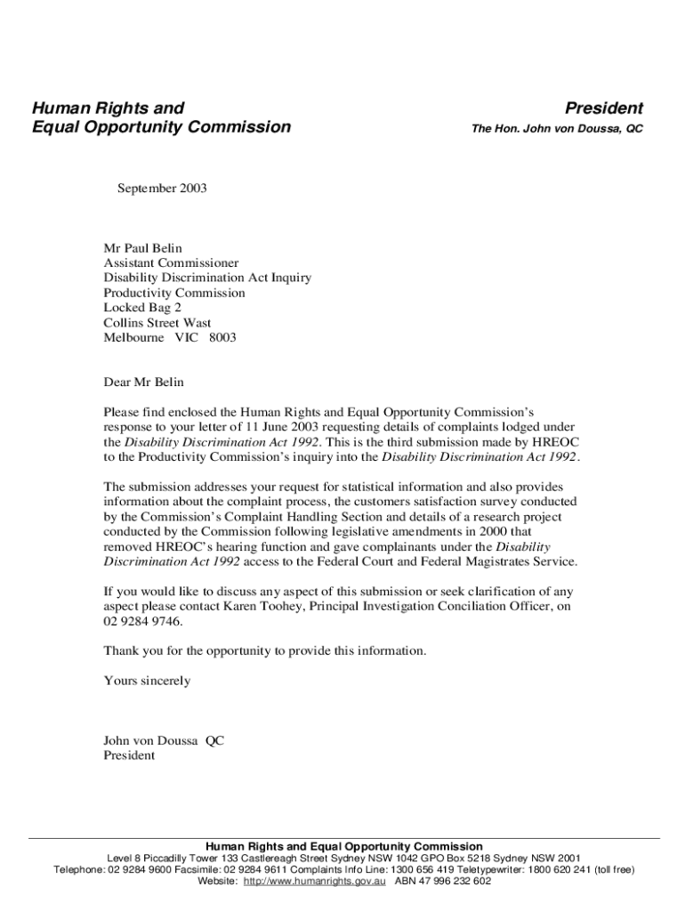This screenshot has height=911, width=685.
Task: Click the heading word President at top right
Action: coord(603,109)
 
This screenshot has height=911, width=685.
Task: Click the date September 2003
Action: coord(162,189)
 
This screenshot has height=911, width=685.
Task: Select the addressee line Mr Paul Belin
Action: coord(142,248)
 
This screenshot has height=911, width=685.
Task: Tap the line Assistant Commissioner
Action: coord(171,263)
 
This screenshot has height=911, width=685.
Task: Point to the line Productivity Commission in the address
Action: coord(173,293)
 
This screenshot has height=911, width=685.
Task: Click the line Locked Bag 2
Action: coord(142,308)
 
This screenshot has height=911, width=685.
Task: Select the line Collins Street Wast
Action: coord(157,323)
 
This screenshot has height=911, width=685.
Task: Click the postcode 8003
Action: coord(222,338)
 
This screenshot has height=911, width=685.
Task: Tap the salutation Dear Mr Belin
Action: coord(144,383)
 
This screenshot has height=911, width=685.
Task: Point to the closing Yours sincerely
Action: coord(147,681)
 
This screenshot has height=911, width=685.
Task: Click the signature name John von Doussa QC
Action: coord(164,741)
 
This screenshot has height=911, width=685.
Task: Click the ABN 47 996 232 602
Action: coord(442,881)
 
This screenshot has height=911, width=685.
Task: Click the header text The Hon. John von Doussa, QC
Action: coord(557,130)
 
